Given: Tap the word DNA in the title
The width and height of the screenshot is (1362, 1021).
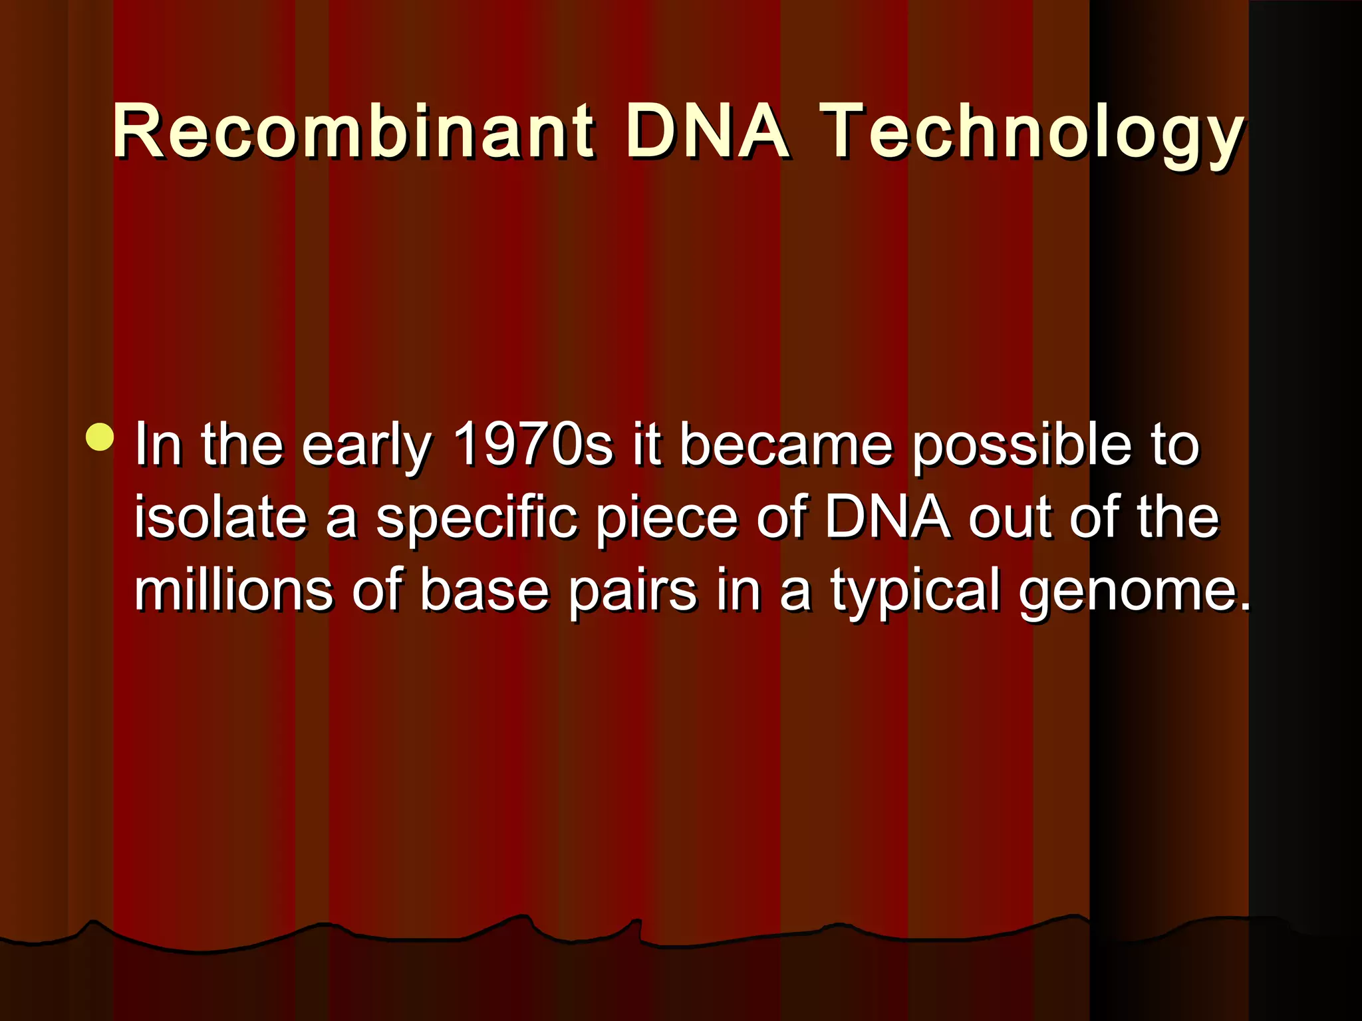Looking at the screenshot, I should point(707,132).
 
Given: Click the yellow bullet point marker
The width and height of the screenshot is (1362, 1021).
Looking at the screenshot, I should point(100,437).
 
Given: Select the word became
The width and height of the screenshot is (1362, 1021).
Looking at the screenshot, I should point(785,444).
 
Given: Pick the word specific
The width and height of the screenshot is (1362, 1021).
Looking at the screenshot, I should point(476,518).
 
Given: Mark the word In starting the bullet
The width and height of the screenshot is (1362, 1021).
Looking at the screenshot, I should point(158,444).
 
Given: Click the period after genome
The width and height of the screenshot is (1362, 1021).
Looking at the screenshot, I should point(1244,605).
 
